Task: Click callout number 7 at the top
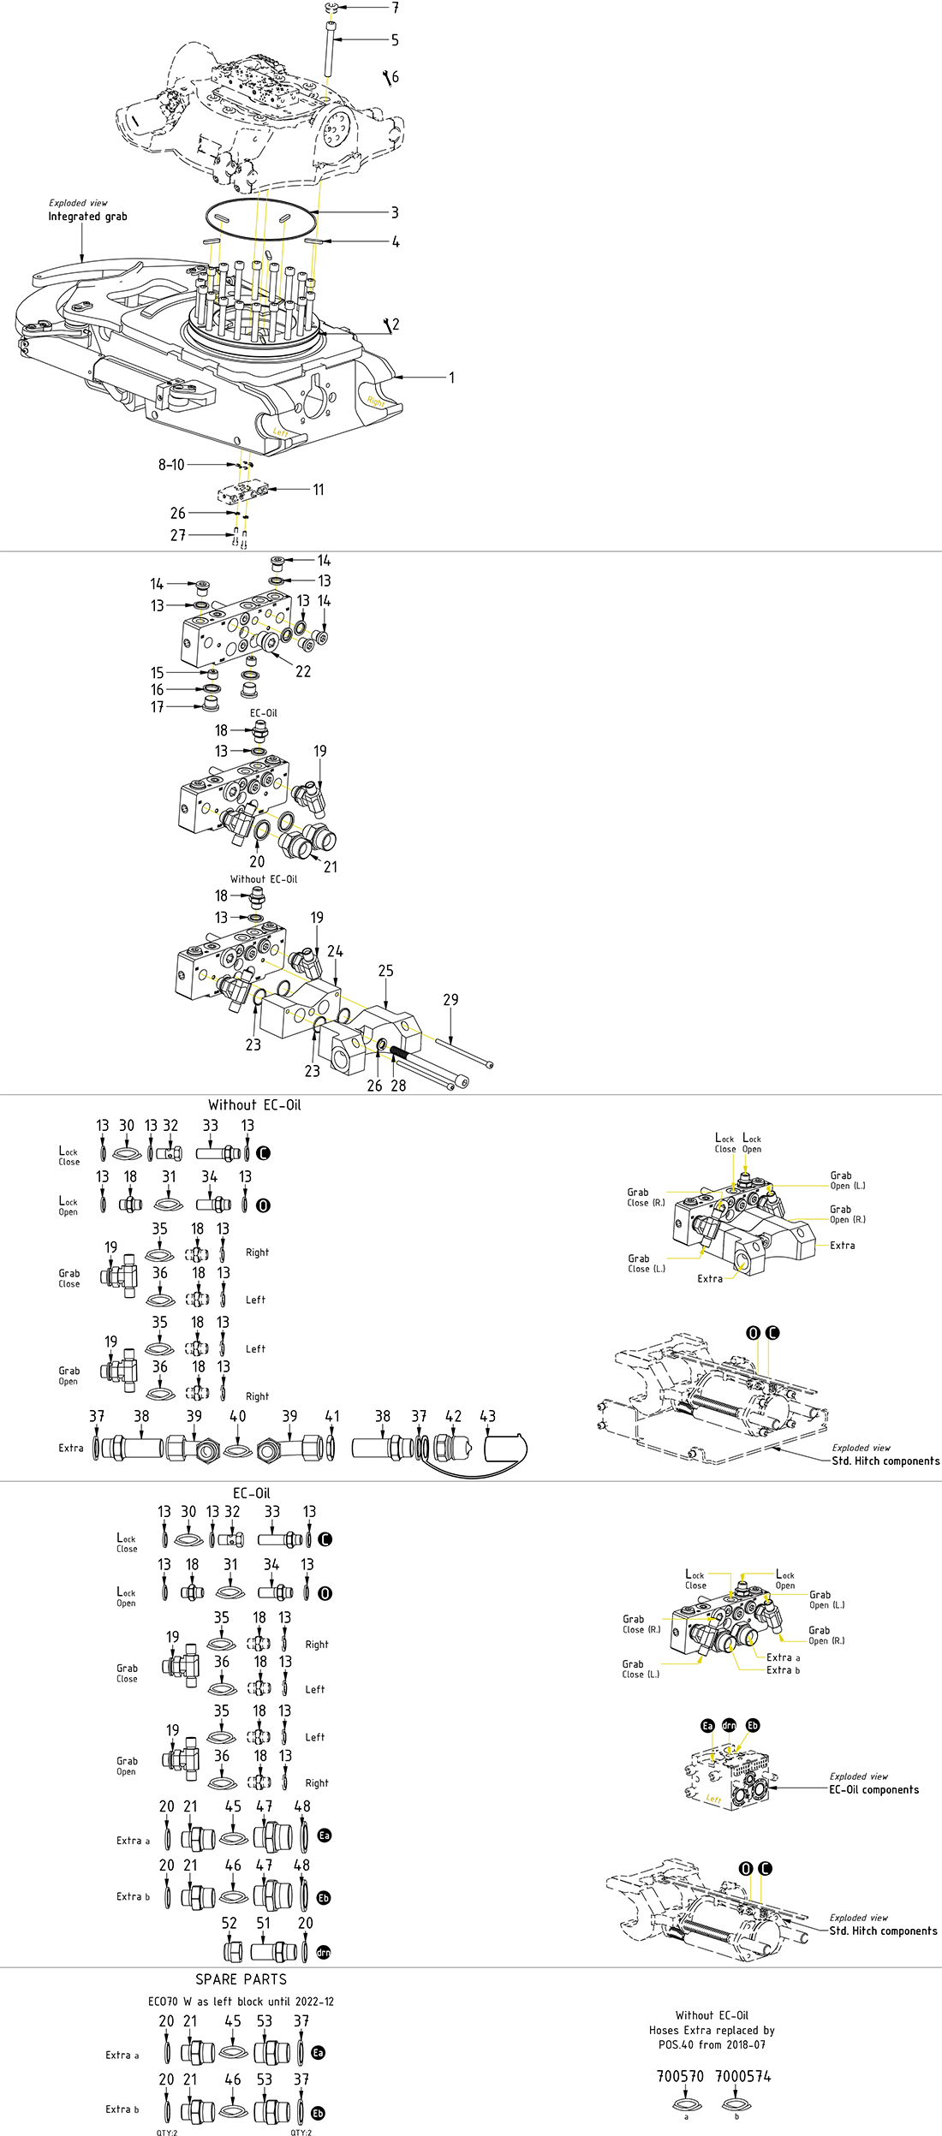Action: point(395,8)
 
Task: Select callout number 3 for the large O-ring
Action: point(395,212)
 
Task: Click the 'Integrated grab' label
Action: point(87,217)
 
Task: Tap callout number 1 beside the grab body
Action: point(452,378)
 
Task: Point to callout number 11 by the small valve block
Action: point(319,490)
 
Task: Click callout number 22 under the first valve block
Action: point(303,672)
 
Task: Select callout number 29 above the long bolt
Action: point(450,1000)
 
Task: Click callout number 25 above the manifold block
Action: point(386,971)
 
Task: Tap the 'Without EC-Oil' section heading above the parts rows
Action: point(254,1105)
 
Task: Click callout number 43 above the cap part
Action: point(487,1417)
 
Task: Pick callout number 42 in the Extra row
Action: point(454,1417)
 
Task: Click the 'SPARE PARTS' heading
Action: point(241,1979)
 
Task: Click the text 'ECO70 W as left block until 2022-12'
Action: point(241,2002)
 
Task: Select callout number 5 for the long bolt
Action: point(395,40)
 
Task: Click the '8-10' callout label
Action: point(171,465)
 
